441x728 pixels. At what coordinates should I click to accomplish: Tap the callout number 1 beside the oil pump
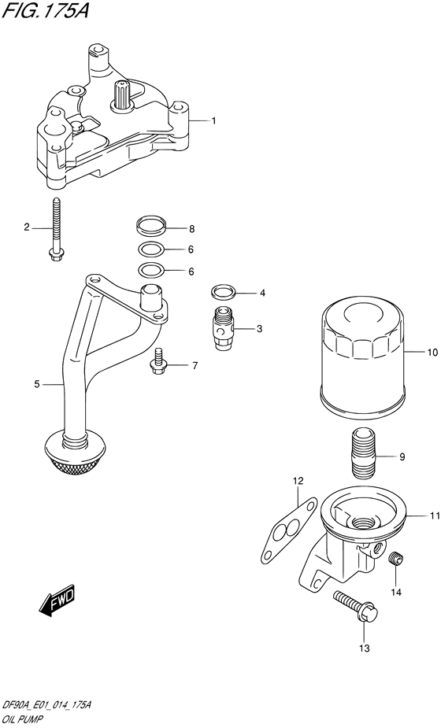[x=213, y=120]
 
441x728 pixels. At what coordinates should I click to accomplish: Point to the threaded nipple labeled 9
[x=363, y=454]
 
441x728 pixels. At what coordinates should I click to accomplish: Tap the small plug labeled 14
[x=397, y=560]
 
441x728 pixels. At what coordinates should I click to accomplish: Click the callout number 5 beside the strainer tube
[x=36, y=384]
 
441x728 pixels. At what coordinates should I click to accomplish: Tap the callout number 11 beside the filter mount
[x=433, y=516]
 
